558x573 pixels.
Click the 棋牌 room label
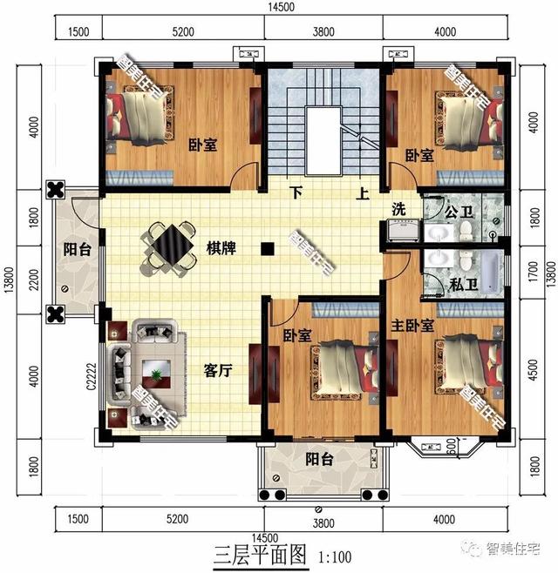pyautogui.click(x=221, y=249)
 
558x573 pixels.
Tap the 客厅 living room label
pyautogui.click(x=217, y=371)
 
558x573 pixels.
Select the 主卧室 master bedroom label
pyautogui.click(x=415, y=325)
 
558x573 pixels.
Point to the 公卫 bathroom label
pyautogui.click(x=457, y=210)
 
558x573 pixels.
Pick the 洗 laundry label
pyautogui.click(x=398, y=209)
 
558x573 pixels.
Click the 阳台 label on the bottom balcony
pyautogui.click(x=318, y=460)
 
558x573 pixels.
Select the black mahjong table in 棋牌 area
pyautogui.click(x=171, y=245)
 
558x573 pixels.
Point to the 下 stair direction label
pyautogui.click(x=297, y=192)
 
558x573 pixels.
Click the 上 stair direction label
pyautogui.click(x=362, y=193)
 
